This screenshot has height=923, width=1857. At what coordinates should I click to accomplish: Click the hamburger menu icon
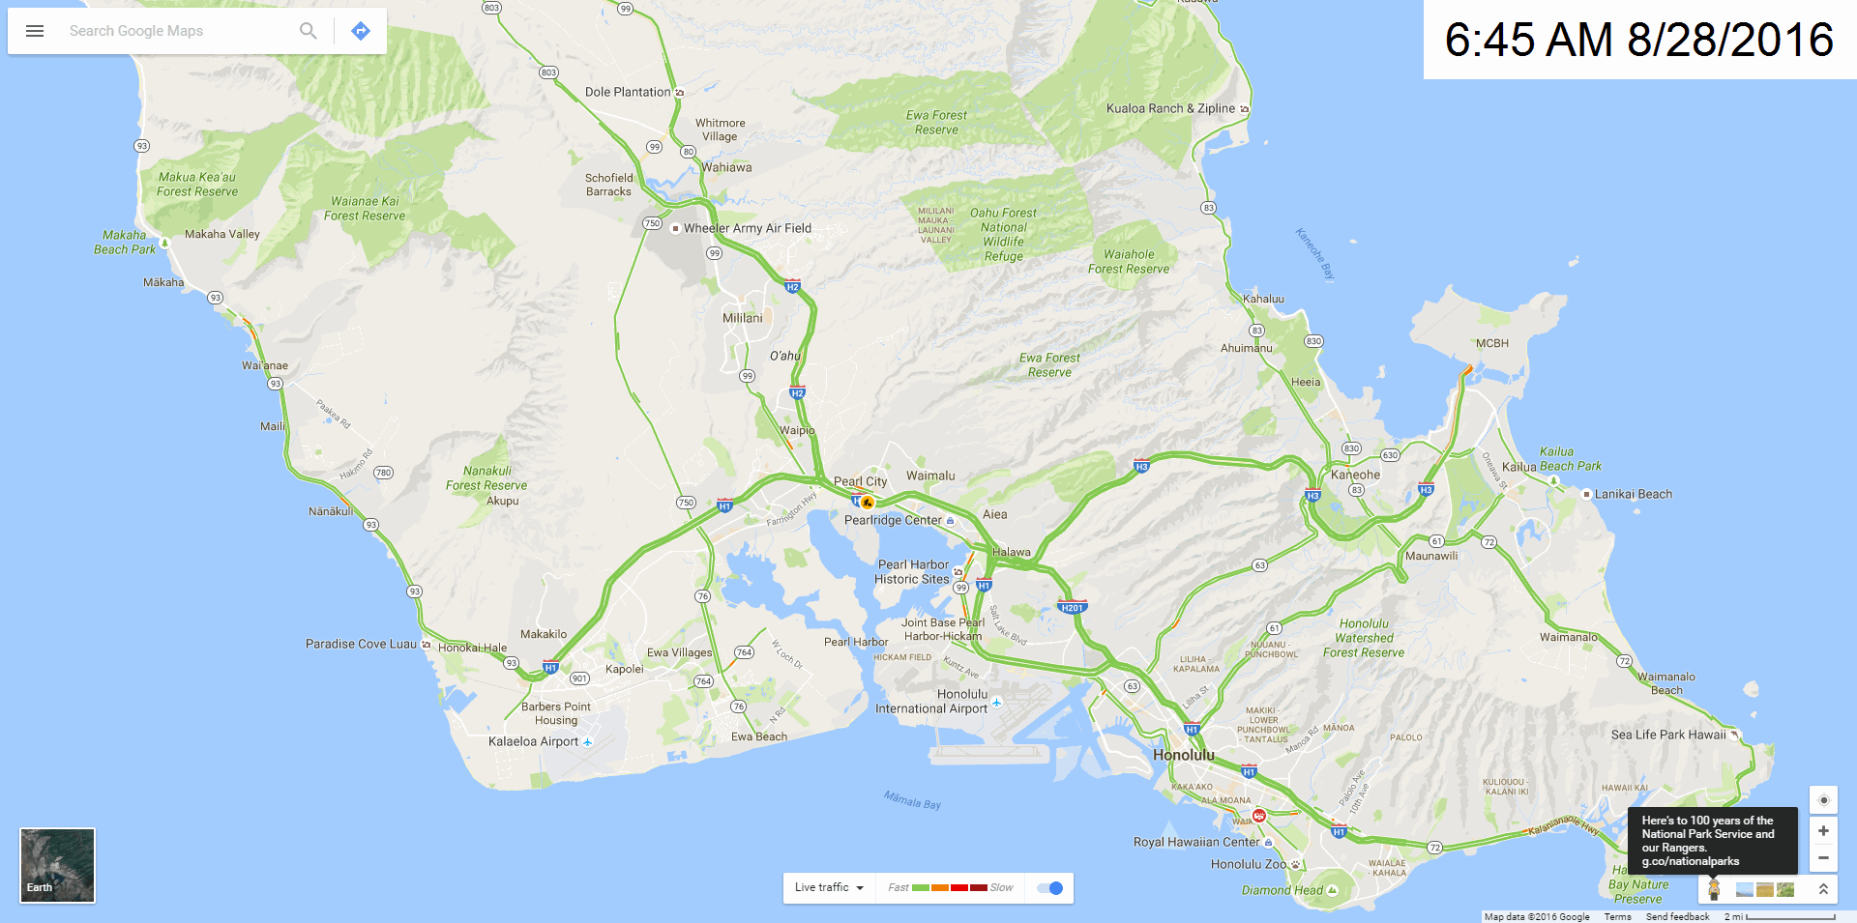pos(35,31)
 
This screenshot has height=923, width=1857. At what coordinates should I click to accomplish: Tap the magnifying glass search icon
pos(308,31)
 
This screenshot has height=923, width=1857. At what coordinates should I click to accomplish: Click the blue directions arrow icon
pos(361,31)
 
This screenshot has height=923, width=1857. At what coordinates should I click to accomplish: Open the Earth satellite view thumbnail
pos(57,865)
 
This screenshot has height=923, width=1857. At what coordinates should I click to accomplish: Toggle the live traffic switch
pos(1049,888)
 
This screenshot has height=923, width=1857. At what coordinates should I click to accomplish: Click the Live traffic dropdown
pos(829,888)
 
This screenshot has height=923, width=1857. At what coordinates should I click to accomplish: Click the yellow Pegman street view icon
pos(1714,889)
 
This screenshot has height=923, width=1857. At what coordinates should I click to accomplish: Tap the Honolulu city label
pos(1183,755)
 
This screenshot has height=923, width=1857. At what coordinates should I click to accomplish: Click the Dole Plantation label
pos(628,92)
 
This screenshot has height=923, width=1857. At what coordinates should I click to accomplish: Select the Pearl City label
pos(860,481)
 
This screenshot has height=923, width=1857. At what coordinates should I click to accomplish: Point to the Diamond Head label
pos(1282,890)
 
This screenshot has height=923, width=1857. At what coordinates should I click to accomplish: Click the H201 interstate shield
pos(1072,608)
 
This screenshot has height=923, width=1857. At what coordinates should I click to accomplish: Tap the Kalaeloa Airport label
pos(533,741)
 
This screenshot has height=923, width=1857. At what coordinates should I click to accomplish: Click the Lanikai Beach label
pos(1633,494)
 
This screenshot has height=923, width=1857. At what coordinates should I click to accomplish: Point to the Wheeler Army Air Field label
pos(747,228)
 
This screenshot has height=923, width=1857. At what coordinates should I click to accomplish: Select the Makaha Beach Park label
pos(125,242)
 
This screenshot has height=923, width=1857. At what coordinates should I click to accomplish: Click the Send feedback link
pos(1677,916)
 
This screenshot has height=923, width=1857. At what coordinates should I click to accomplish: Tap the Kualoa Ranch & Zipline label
pos(1170,108)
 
